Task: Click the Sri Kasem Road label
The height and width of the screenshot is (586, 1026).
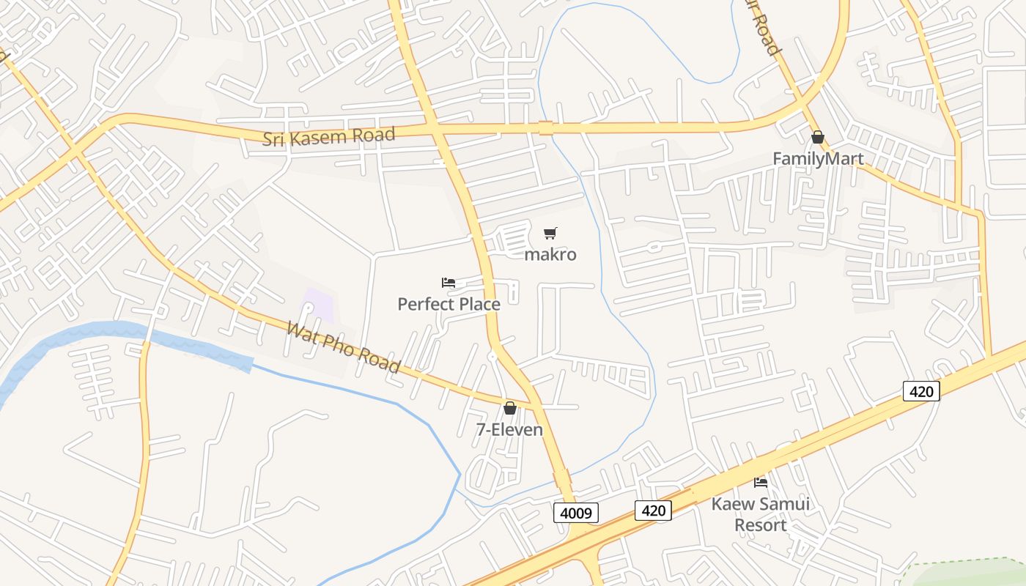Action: (329, 136)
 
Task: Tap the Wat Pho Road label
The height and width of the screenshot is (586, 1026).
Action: (343, 346)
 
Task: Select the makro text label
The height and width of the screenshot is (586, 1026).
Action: (550, 254)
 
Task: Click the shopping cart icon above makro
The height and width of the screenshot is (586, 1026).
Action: (550, 234)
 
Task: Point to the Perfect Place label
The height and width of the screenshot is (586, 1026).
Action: (449, 303)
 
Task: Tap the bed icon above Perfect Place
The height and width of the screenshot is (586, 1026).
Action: (449, 283)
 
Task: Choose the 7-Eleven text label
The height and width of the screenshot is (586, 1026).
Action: (509, 429)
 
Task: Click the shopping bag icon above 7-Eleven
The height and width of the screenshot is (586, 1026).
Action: (509, 408)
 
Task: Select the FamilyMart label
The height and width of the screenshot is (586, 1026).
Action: (818, 158)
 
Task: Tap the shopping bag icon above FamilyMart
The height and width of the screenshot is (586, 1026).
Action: (818, 137)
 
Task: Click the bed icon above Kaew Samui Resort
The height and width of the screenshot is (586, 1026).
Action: (761, 482)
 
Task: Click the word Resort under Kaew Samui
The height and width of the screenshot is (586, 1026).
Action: (761, 525)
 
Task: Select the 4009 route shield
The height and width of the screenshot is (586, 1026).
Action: (576, 513)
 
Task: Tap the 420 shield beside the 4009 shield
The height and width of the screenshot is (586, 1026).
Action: (653, 510)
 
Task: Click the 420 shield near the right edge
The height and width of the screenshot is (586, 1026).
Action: (921, 391)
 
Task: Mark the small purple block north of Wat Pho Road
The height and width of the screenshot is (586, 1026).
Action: (319, 305)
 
